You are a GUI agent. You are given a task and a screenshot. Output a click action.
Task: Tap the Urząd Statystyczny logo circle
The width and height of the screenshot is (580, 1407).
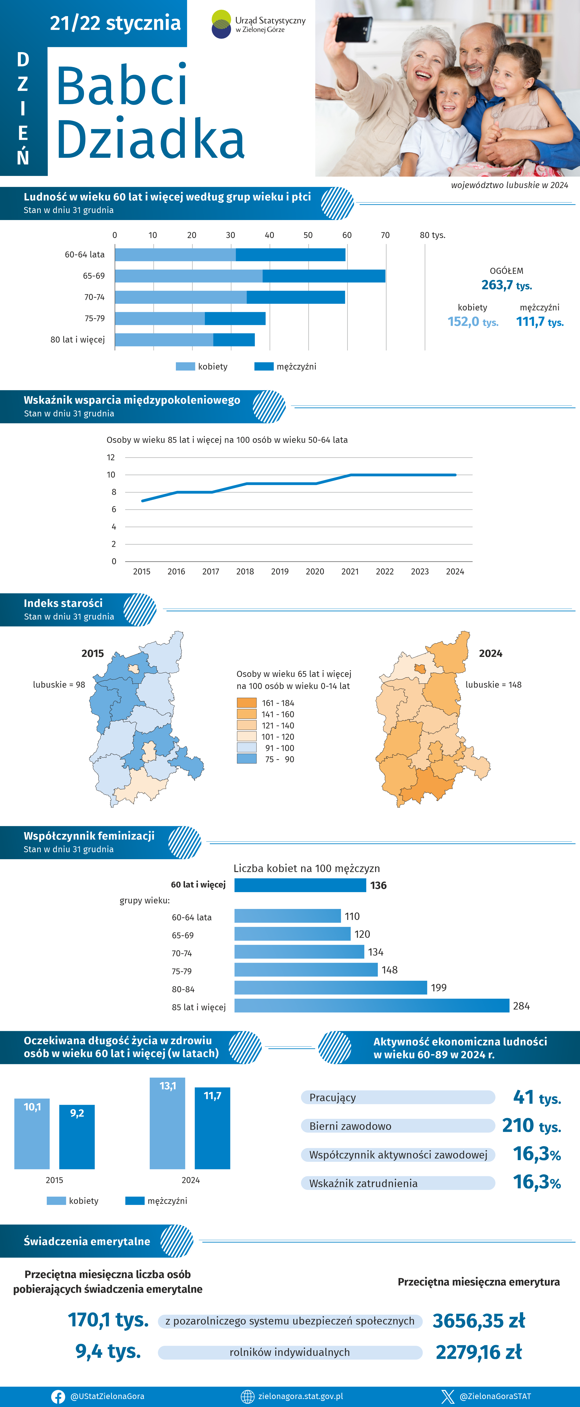[221, 24]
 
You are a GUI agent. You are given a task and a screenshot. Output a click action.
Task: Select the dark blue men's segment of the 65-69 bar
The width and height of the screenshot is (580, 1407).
[324, 276]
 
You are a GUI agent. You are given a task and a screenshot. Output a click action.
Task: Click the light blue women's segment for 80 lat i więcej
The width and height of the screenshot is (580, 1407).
[164, 340]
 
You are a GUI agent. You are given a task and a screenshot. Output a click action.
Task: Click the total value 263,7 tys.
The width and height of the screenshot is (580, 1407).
[506, 285]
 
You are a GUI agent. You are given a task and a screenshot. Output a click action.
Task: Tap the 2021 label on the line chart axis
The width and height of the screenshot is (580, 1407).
[350, 571]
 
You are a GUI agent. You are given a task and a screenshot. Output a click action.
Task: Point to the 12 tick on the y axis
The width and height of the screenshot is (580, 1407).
[111, 457]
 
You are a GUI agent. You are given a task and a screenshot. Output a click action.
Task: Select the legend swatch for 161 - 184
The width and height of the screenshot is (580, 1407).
[246, 703]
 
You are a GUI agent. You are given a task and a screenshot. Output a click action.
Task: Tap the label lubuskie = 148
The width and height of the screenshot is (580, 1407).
[493, 684]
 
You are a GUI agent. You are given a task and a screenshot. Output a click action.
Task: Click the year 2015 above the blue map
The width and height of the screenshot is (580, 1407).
[92, 653]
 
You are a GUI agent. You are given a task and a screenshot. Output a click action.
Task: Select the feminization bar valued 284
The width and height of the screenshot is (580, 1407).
[372, 1005]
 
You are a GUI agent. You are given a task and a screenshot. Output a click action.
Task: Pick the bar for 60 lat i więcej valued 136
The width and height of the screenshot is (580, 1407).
[300, 885]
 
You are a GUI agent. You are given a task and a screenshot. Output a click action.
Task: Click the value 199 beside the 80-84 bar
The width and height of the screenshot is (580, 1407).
[439, 987]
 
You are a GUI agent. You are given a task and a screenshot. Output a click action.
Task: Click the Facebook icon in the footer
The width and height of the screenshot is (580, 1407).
[58, 1396]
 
